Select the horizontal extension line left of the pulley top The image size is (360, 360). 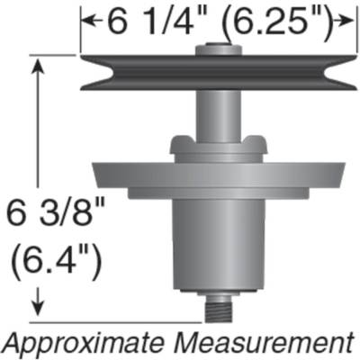click(x=54, y=56)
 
